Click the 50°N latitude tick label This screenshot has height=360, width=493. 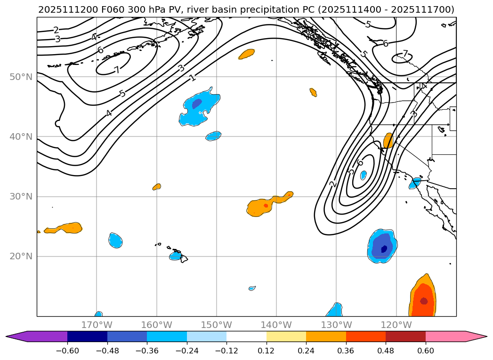pyautogui.click(x=21, y=77)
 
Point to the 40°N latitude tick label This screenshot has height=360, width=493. pyautogui.click(x=21, y=137)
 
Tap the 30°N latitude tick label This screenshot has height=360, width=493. pyautogui.click(x=21, y=197)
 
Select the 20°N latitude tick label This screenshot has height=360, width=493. pyautogui.click(x=21, y=256)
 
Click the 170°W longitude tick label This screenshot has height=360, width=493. pyautogui.click(x=97, y=325)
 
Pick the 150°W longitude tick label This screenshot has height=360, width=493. pyautogui.click(x=217, y=325)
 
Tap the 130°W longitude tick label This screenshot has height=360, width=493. pyautogui.click(x=336, y=325)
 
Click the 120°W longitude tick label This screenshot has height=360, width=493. pyautogui.click(x=396, y=325)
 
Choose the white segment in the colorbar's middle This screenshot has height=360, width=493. pyautogui.click(x=246, y=336)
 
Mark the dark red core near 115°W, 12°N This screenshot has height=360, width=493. pyautogui.click(x=424, y=301)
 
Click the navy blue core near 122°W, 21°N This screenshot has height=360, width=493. pyautogui.click(x=384, y=248)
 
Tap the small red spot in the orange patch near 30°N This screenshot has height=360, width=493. pyautogui.click(x=266, y=206)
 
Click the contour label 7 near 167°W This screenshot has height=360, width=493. pyautogui.click(x=117, y=70)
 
